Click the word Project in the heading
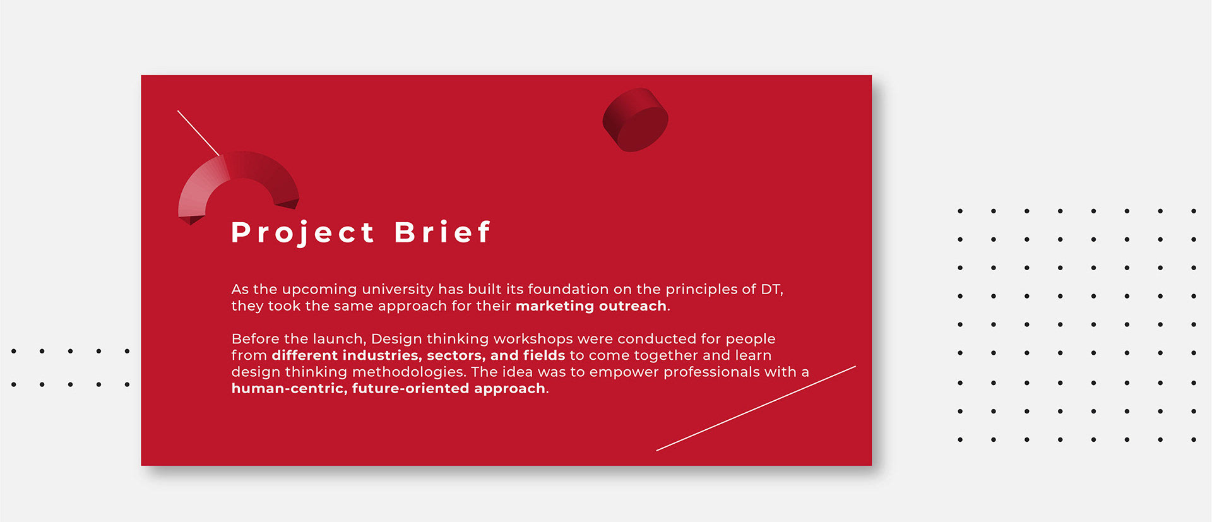tap(303, 233)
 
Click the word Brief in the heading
tap(443, 232)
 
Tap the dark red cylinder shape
tap(635, 120)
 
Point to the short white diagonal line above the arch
tap(198, 133)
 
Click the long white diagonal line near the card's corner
tap(756, 408)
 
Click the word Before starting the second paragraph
tap(254, 339)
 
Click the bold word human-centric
tap(289, 389)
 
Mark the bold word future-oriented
tap(411, 389)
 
